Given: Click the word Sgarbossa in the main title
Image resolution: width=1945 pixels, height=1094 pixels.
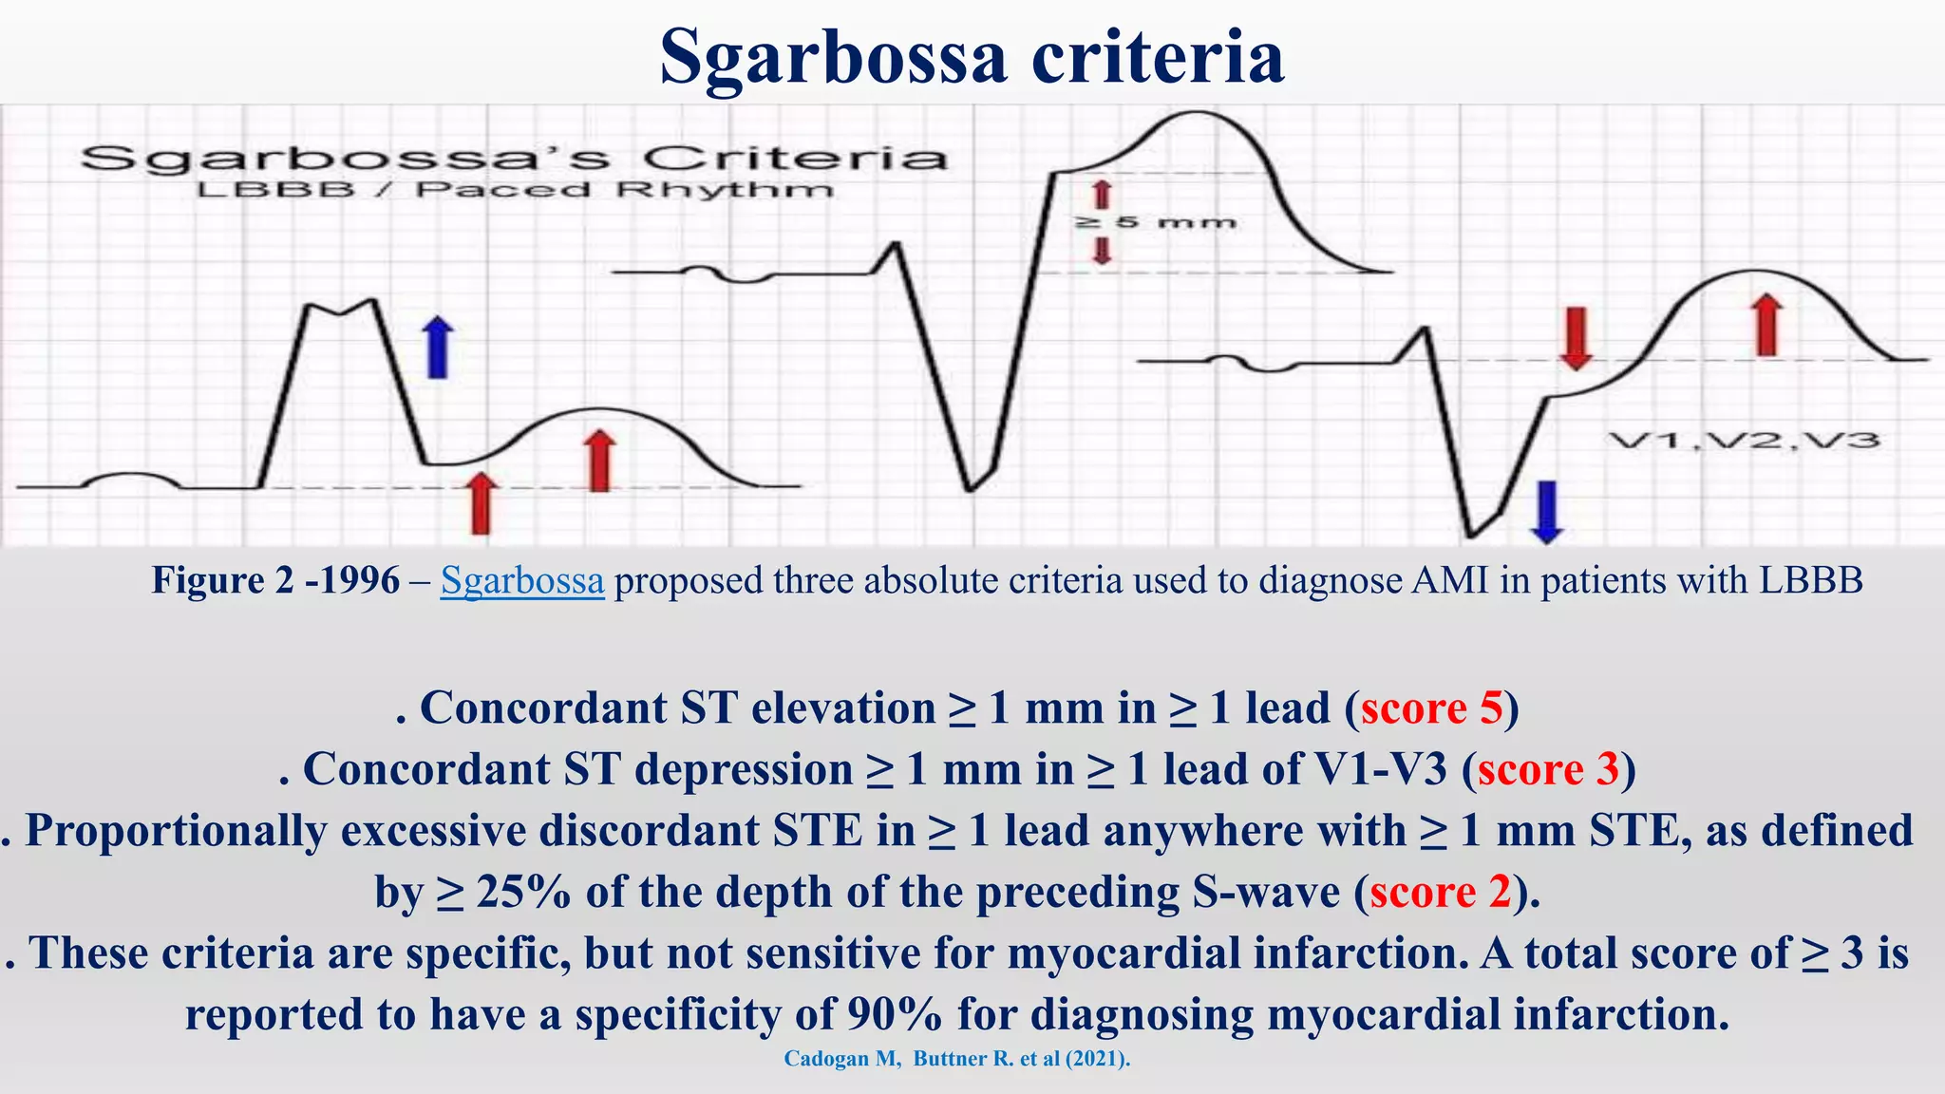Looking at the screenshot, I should [x=833, y=57].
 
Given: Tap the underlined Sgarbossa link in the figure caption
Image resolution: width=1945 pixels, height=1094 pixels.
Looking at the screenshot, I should [x=521, y=580].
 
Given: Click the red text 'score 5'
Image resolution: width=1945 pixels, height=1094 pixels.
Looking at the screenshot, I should [x=1432, y=708].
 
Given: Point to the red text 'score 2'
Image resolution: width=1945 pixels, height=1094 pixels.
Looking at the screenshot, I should [x=1440, y=892].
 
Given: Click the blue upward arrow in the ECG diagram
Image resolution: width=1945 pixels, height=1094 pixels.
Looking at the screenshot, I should [x=437, y=348].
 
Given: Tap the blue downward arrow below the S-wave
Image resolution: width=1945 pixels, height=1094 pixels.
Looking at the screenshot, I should [x=1547, y=512].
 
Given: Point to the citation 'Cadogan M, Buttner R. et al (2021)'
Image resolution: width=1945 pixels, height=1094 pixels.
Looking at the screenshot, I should [x=956, y=1059].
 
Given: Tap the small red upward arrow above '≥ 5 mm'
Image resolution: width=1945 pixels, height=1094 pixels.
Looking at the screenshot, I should [x=1102, y=195].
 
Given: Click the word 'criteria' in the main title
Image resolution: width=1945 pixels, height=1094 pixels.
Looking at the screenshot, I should [x=1158, y=57].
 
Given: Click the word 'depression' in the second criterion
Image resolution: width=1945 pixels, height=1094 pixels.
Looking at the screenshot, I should [x=744, y=769].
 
